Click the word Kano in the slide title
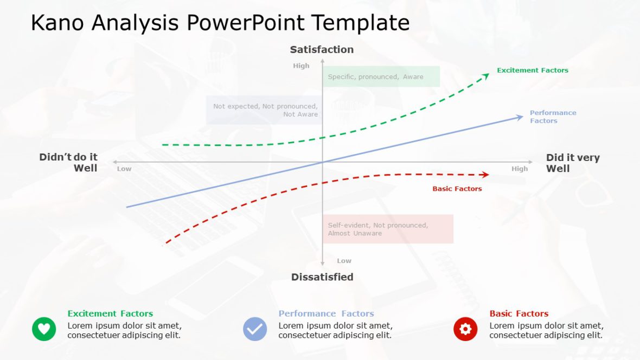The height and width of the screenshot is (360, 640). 57,23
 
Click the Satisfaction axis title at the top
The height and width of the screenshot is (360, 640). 322,49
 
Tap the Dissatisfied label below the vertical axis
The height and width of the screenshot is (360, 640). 322,277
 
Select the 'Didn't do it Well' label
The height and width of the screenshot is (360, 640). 68,163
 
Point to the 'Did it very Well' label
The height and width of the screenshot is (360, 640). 573,163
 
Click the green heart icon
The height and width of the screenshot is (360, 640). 44,329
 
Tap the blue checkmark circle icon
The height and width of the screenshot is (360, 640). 255,329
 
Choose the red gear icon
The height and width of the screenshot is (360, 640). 465,329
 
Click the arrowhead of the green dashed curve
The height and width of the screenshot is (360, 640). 486,76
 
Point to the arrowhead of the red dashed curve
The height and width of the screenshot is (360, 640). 485,175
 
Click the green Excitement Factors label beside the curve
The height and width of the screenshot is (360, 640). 533,70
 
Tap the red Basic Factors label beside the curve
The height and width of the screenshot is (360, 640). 457,189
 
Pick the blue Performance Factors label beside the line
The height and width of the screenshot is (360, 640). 553,117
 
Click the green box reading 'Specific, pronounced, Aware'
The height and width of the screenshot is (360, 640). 381,76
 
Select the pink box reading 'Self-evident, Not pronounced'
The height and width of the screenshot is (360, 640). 388,229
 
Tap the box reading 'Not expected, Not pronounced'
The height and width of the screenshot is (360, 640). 264,110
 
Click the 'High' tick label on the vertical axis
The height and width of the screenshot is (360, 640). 301,66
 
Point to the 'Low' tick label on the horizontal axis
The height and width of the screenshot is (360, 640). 124,169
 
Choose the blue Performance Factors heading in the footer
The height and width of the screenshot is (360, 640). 326,313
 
